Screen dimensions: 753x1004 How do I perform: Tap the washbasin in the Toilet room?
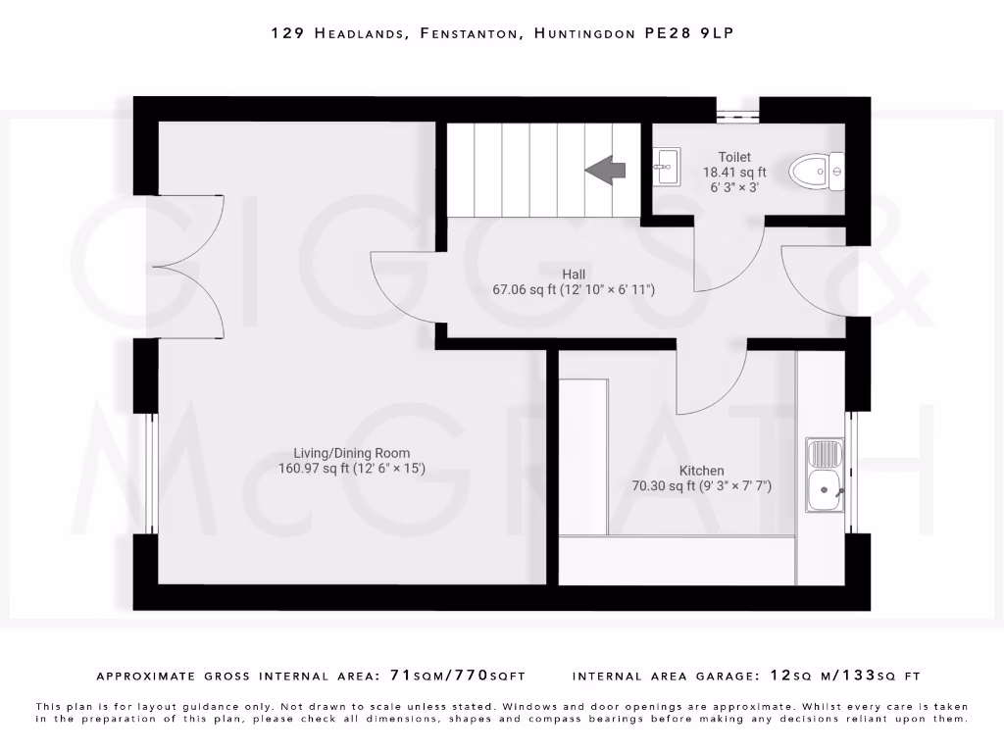point(667,166)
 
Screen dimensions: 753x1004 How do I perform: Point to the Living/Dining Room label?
point(351,452)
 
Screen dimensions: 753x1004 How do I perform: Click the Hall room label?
point(574,274)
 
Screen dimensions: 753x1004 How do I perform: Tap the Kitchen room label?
point(701,471)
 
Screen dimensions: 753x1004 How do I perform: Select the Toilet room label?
point(734,157)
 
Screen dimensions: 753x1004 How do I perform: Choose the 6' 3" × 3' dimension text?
point(734,187)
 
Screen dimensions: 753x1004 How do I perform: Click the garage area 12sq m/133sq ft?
point(846,676)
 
